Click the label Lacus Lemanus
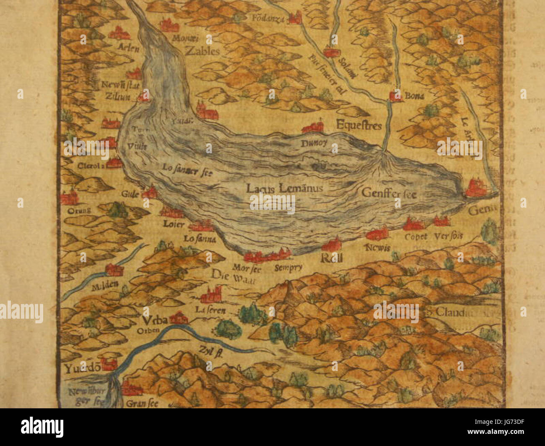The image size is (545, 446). click(x=284, y=188)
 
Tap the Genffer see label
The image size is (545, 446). click(x=389, y=193)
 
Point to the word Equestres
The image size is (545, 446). click(x=358, y=125)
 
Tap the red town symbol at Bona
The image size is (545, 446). click(x=395, y=96)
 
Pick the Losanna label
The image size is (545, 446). click(x=200, y=240)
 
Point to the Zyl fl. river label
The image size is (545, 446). click(x=210, y=351)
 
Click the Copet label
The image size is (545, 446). click(x=416, y=237)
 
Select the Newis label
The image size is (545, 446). click(x=377, y=247)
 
